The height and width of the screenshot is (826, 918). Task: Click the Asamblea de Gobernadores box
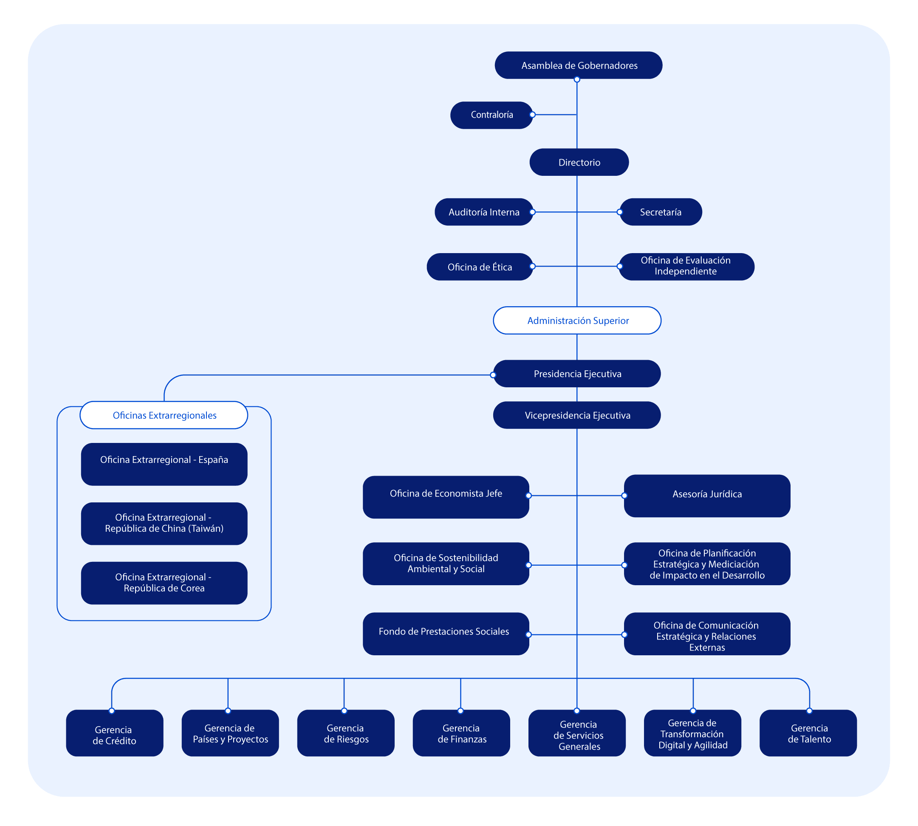pyautogui.click(x=579, y=65)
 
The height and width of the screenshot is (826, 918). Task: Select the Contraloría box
pyautogui.click(x=491, y=115)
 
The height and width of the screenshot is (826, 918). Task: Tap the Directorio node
pyautogui.click(x=579, y=162)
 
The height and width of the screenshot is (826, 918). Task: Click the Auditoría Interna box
pyautogui.click(x=483, y=212)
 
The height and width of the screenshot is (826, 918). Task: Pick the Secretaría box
pyautogui.click(x=661, y=212)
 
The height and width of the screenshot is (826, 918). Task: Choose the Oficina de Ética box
pyautogui.click(x=480, y=267)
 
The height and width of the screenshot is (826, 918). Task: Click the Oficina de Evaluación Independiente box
pyautogui.click(x=686, y=266)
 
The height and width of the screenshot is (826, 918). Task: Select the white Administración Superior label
pyautogui.click(x=577, y=320)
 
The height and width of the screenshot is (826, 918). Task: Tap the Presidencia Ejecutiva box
pyautogui.click(x=577, y=374)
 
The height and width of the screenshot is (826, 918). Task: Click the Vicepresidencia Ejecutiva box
pyautogui.click(x=577, y=415)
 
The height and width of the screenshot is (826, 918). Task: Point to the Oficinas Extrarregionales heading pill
pyautogui.click(x=164, y=415)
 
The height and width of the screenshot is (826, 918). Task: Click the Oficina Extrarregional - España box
pyautogui.click(x=164, y=464)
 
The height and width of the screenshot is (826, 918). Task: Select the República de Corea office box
pyautogui.click(x=164, y=583)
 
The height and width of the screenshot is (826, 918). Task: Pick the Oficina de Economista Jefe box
pyautogui.click(x=446, y=497)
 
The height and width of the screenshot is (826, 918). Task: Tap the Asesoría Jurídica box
pyautogui.click(x=707, y=496)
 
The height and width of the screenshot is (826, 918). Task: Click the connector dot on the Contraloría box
pyautogui.click(x=532, y=115)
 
